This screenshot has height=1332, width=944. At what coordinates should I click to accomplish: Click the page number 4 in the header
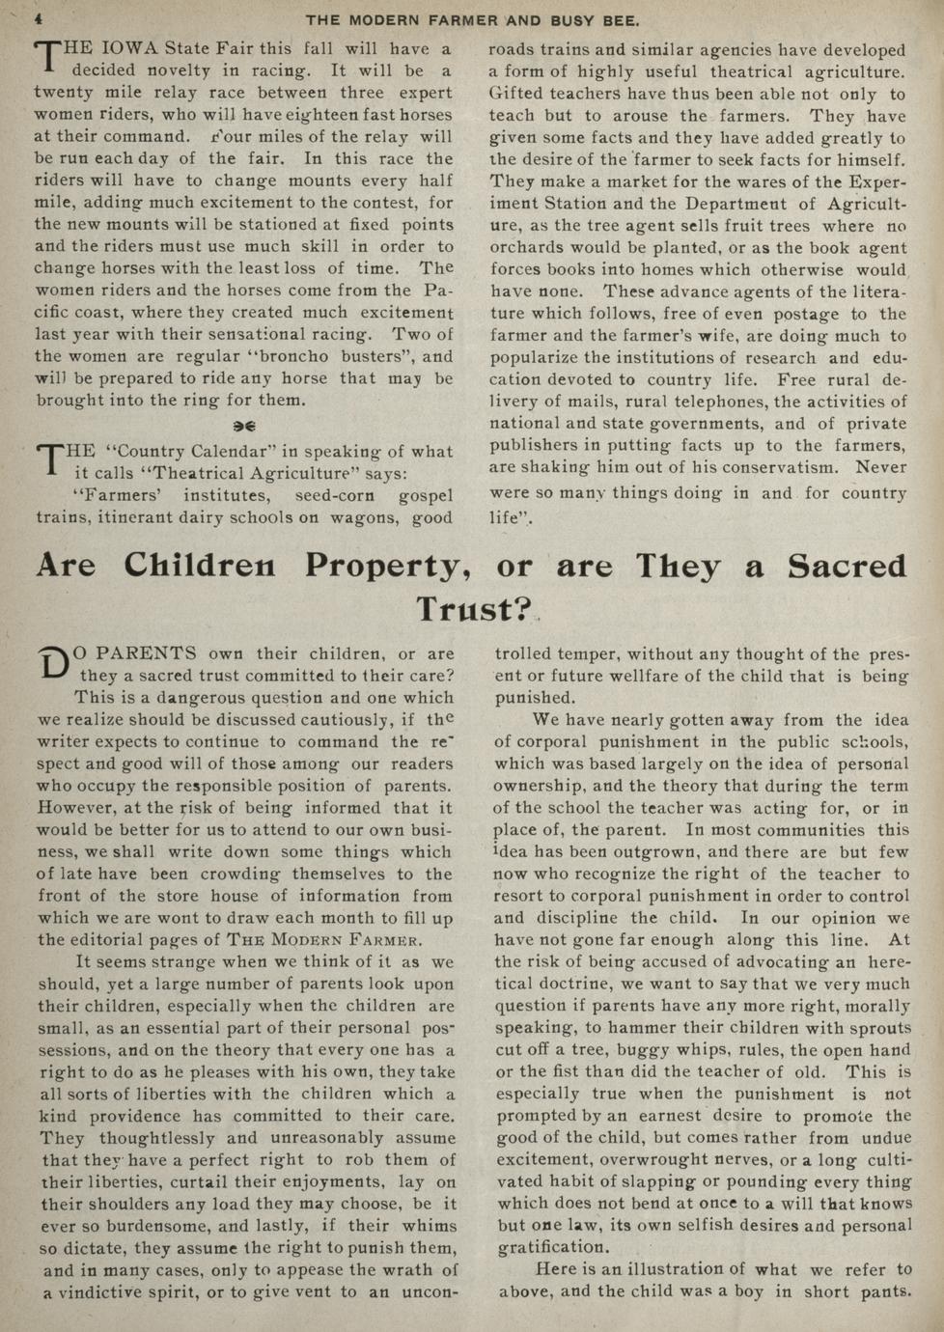point(40,19)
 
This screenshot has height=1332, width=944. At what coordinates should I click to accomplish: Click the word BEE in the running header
point(621,20)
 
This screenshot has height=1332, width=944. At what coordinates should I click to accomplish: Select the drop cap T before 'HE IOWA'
point(45,57)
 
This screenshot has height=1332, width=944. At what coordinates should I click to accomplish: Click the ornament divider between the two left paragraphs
point(244,426)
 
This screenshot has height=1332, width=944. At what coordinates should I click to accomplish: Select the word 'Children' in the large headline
point(199,566)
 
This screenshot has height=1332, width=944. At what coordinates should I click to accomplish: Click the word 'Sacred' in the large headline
point(847,567)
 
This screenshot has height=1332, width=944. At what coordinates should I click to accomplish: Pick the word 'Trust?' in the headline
point(474,610)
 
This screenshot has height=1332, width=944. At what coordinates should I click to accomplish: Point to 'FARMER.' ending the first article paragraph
point(375,940)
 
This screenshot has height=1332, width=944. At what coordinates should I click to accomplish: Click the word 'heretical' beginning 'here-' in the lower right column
point(888,962)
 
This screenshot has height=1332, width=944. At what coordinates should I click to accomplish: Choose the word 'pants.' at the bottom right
point(883,1291)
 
